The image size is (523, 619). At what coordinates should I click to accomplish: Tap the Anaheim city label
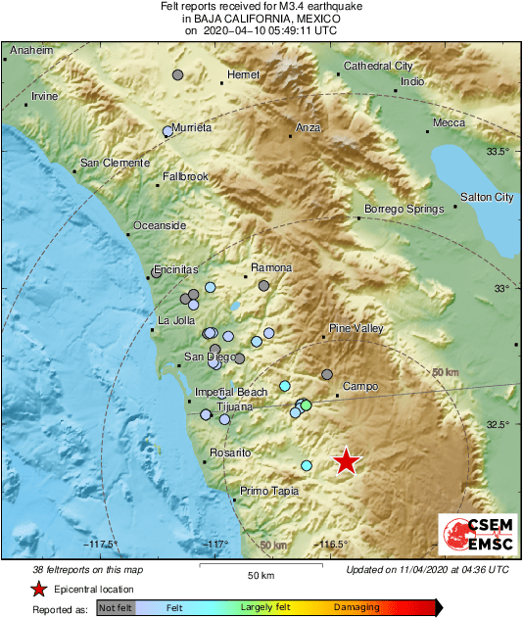click(x=31, y=50)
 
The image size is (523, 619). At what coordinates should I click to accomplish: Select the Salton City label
click(x=487, y=197)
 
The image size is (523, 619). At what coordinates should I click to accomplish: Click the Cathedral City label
click(x=378, y=67)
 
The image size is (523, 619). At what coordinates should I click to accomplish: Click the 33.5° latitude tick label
click(x=499, y=151)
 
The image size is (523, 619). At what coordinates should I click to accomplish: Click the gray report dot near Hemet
click(x=177, y=74)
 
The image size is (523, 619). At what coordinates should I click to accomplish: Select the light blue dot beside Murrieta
click(x=167, y=132)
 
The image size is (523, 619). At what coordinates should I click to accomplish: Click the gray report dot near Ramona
click(x=263, y=285)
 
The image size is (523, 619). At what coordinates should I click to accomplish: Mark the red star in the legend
click(x=38, y=589)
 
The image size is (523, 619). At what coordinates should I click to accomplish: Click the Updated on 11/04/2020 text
click(x=427, y=568)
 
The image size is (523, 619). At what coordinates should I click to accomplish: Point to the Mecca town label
click(x=450, y=122)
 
